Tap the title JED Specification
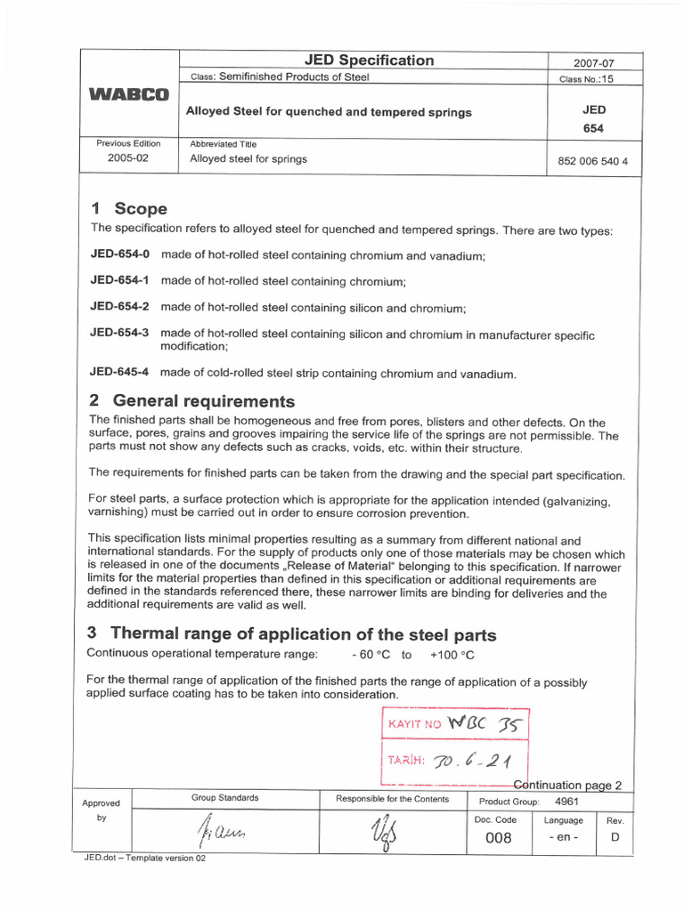[x=369, y=60]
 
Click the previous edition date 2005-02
[x=129, y=158]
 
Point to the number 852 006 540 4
[x=592, y=163]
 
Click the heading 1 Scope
[x=129, y=209]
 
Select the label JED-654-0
[x=120, y=254]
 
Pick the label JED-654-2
[x=120, y=307]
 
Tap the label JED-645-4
[x=120, y=373]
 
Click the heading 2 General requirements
[x=192, y=401]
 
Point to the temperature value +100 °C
[x=452, y=655]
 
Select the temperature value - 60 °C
[x=370, y=655]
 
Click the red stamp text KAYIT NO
[x=414, y=724]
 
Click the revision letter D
[x=615, y=838]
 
